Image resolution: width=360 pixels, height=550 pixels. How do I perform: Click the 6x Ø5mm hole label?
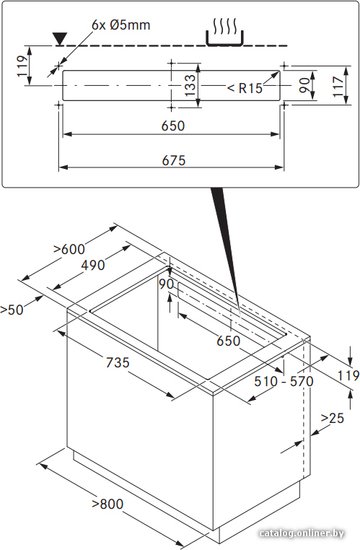pyautogui.click(x=121, y=25)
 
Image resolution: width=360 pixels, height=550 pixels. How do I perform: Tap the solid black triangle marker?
pyautogui.click(x=59, y=39)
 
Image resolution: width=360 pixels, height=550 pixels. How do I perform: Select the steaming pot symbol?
pyautogui.click(x=225, y=33)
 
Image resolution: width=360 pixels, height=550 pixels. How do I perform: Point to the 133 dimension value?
pyautogui.click(x=190, y=85)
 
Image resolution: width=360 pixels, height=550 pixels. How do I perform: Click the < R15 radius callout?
pyautogui.click(x=245, y=88)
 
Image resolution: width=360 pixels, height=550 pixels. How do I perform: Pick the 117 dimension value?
pyautogui.click(x=338, y=86)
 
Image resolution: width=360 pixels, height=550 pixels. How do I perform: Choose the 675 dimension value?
pyautogui.click(x=173, y=160)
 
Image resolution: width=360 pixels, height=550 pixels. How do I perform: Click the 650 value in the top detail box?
pyautogui.click(x=173, y=126)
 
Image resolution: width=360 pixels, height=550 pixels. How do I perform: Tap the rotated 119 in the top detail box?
pyautogui.click(x=22, y=66)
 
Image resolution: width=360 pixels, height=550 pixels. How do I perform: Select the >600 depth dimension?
pyautogui.click(x=69, y=249)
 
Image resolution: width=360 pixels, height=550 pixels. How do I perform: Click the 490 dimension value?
pyautogui.click(x=93, y=265)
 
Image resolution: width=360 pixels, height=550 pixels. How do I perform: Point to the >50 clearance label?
pyautogui.click(x=12, y=310)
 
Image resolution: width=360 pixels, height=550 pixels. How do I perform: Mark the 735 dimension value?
pyautogui.click(x=118, y=362)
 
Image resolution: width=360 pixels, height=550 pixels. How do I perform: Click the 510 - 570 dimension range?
pyautogui.click(x=284, y=381)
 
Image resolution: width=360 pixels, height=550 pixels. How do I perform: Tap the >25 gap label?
pyautogui.click(x=332, y=418)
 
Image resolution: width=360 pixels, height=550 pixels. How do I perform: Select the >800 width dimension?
pyautogui.click(x=107, y=504)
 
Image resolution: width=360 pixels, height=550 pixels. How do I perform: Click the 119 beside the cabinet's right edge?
pyautogui.click(x=348, y=376)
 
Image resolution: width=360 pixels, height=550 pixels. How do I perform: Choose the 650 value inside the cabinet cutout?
pyautogui.click(x=228, y=341)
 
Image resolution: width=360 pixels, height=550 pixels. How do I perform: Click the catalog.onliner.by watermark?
pyautogui.click(x=301, y=534)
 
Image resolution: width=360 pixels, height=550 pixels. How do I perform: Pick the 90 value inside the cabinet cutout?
pyautogui.click(x=166, y=284)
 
